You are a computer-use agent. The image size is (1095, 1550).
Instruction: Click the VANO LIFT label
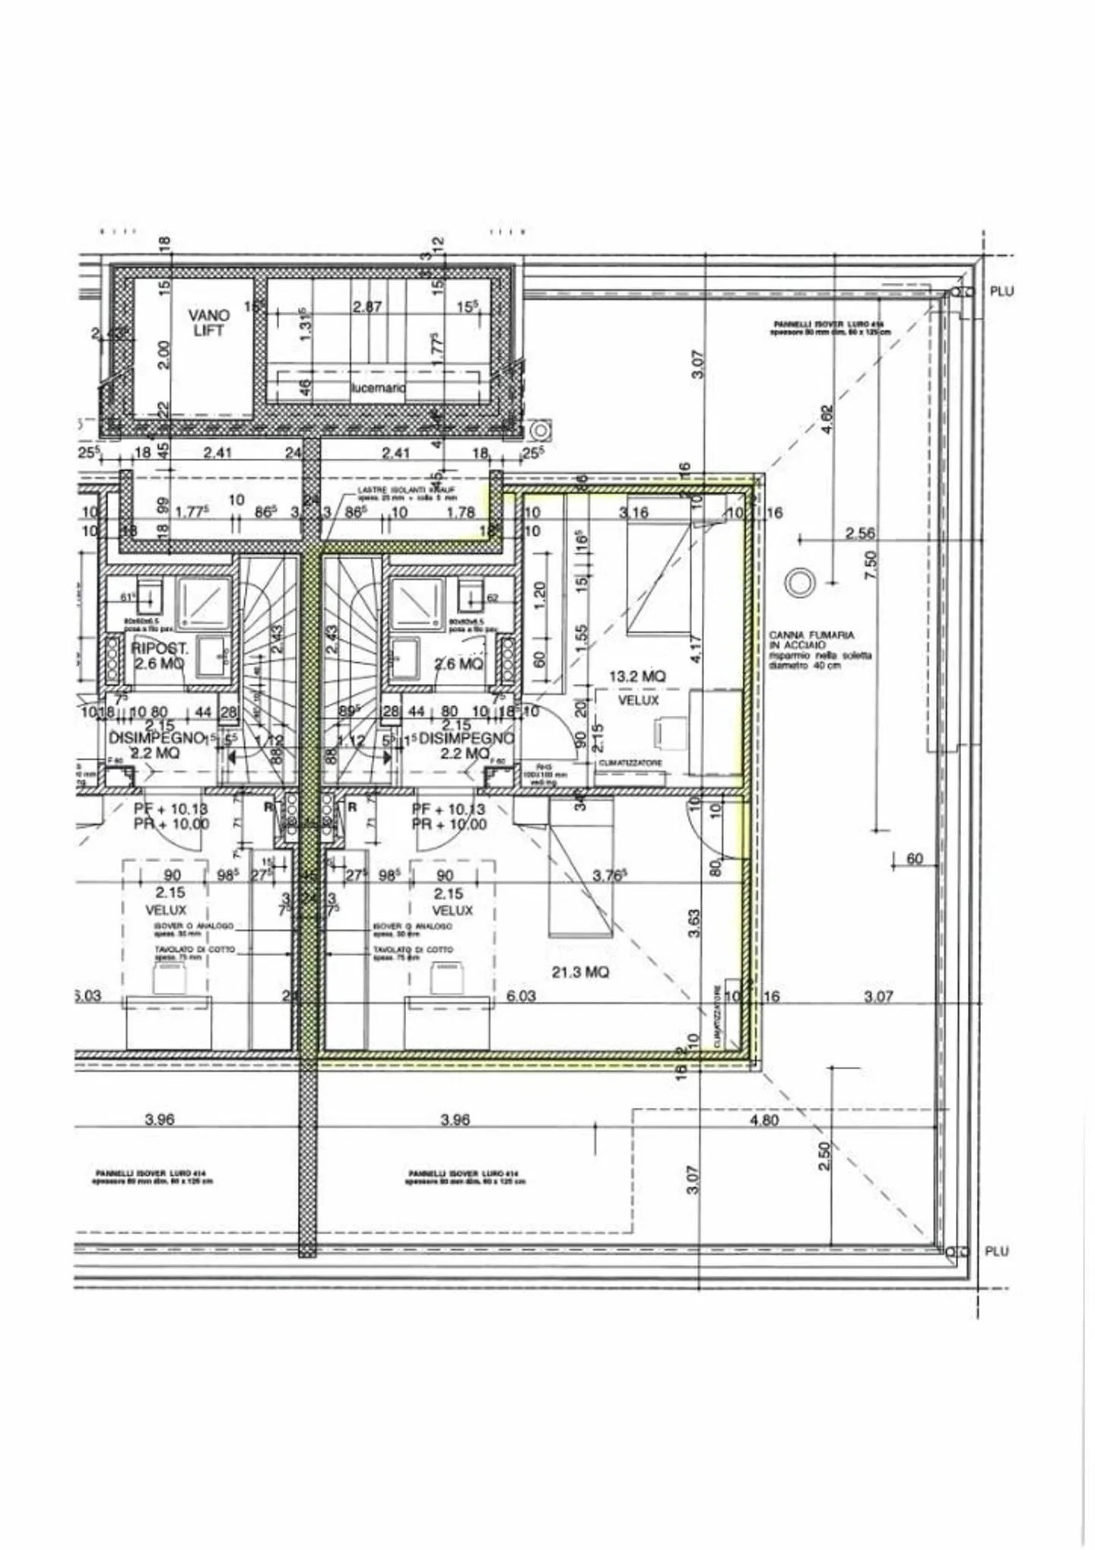coord(208,323)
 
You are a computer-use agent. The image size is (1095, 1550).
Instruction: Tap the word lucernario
coord(378,388)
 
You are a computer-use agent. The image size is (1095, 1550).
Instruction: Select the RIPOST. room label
coord(160,648)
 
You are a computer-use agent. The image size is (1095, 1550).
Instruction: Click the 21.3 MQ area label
coord(580,972)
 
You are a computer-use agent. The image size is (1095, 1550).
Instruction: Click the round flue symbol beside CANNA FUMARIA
coord(799,584)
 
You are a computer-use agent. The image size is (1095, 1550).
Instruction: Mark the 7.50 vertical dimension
coord(871,565)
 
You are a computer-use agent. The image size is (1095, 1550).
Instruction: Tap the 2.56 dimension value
coord(860,533)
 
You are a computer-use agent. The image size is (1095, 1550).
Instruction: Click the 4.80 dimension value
coord(764,1120)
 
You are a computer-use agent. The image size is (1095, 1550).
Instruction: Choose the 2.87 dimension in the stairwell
coord(367,307)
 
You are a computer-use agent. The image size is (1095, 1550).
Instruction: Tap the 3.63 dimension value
coord(693,922)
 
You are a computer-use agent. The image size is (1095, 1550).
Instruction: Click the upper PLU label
coord(1001,291)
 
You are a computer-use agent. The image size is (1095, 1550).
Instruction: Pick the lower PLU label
coord(996,1252)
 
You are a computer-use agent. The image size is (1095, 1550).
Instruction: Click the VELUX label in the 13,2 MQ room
coord(638,700)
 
